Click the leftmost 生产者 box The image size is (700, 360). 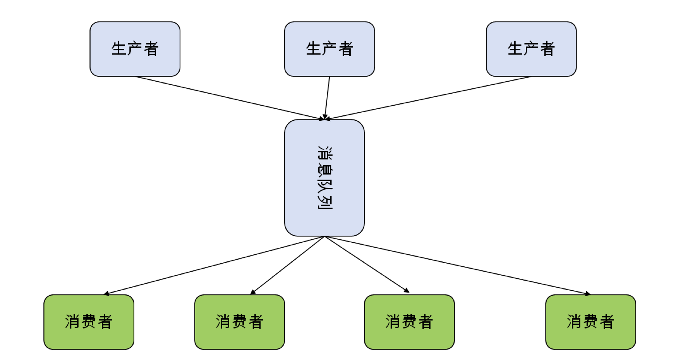(x=135, y=49)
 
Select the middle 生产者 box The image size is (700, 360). (x=329, y=49)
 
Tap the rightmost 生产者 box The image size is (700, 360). (x=531, y=49)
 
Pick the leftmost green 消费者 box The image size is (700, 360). (x=89, y=322)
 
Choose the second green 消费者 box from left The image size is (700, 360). (x=239, y=322)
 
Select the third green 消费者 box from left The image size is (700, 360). (x=409, y=322)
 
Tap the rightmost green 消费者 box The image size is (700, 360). (x=590, y=322)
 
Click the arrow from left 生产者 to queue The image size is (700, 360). (x=228, y=98)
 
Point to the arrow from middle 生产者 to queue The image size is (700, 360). (x=327, y=98)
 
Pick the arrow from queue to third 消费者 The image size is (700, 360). (x=367, y=265)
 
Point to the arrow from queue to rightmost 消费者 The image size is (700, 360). (x=457, y=265)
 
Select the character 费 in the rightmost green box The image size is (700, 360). (x=590, y=322)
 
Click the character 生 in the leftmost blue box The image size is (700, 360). (x=119, y=49)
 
